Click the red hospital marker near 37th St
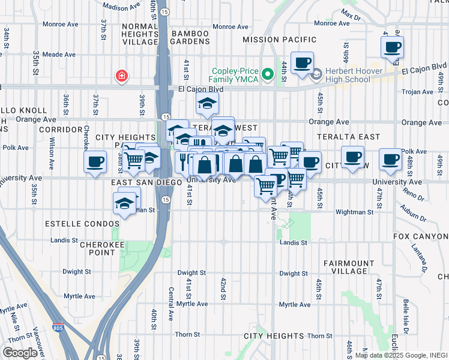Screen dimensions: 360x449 (122, 76)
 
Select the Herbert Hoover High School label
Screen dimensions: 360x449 (348, 75)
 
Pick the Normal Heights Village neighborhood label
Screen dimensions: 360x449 (140, 34)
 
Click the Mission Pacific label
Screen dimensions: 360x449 (279, 40)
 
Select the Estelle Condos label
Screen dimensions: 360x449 (82, 224)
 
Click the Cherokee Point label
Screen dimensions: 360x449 (97, 248)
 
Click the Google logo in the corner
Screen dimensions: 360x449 (20, 353)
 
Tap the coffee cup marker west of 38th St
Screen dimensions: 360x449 (95, 162)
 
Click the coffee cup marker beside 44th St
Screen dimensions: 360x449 (303, 63)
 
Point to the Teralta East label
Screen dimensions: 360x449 (350, 137)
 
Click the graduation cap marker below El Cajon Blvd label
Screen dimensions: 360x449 (207, 105)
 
